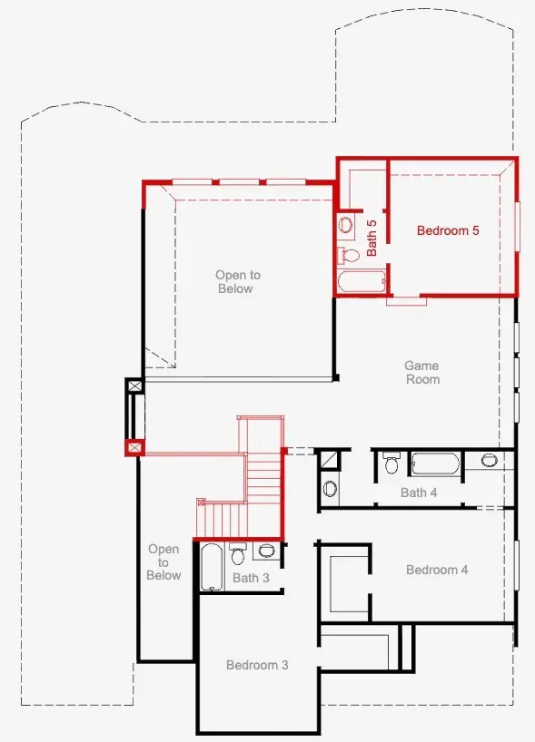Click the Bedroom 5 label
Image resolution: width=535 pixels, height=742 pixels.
pyautogui.click(x=448, y=230)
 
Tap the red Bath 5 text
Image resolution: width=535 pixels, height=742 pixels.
pyautogui.click(x=372, y=238)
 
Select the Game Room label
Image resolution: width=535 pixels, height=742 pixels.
pyautogui.click(x=422, y=373)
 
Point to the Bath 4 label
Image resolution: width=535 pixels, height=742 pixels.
pyautogui.click(x=419, y=493)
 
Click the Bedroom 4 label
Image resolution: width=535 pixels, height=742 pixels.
pyautogui.click(x=437, y=570)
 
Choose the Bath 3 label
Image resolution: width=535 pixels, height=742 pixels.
pyautogui.click(x=252, y=578)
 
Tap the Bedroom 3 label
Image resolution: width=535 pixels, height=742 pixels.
pyautogui.click(x=257, y=665)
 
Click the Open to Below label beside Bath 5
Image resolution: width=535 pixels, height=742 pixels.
pyautogui.click(x=237, y=281)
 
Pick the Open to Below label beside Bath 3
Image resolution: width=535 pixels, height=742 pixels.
pyautogui.click(x=163, y=562)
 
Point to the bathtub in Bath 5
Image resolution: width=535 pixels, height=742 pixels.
pyautogui.click(x=362, y=282)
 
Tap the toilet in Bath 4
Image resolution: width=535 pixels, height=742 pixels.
pyautogui.click(x=391, y=463)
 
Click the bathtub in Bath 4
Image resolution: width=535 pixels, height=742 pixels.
pyautogui.click(x=435, y=464)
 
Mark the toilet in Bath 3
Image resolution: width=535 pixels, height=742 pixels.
pyautogui.click(x=238, y=554)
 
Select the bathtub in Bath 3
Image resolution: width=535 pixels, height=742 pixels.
pyautogui.click(x=212, y=567)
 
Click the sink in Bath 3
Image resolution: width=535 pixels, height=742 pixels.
pyautogui.click(x=266, y=551)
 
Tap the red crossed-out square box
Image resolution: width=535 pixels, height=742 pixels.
pyautogui.click(x=134, y=447)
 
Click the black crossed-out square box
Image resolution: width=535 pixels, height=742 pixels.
pyautogui.click(x=134, y=386)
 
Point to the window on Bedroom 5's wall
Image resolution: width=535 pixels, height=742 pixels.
pyautogui.click(x=518, y=226)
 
